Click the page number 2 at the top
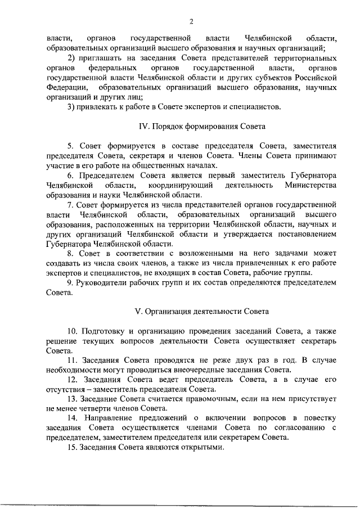[x=192, y=22]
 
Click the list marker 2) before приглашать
[x=70, y=58]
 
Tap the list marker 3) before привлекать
[x=70, y=106]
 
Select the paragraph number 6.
[x=70, y=175]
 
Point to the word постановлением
[x=310, y=234]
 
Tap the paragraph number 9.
[x=70, y=282]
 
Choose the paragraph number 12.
[x=72, y=379]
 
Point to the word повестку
[x=319, y=418]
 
